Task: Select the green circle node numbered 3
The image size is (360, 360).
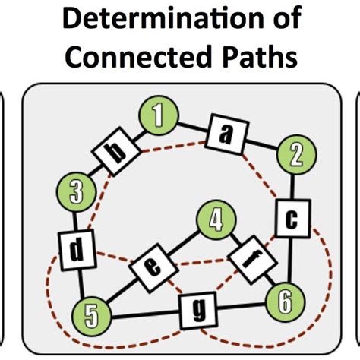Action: coord(75,191)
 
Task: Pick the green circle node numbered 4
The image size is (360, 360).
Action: coord(216,222)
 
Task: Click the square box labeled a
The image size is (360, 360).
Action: coord(225,134)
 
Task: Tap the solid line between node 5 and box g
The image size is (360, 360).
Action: coord(141,311)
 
